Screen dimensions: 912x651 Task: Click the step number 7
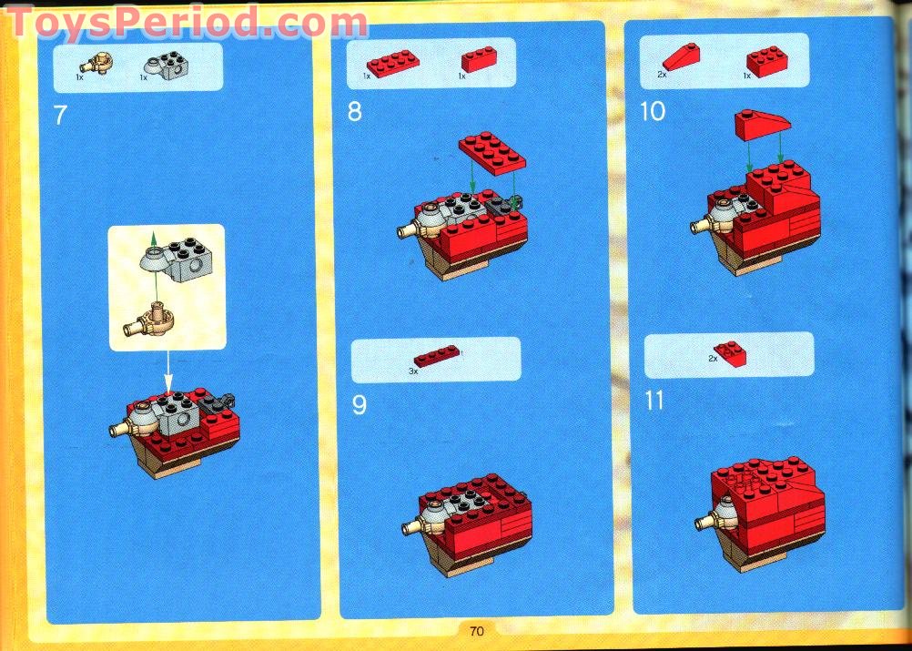[60, 116]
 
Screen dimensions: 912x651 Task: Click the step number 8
[355, 112]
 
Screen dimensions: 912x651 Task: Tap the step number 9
[359, 405]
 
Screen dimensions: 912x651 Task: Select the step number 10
[653, 111]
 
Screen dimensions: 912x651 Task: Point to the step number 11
[655, 401]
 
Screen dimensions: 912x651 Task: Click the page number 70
[477, 631]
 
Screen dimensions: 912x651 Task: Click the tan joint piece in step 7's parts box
[96, 62]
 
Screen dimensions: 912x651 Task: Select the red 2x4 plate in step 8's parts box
[392, 63]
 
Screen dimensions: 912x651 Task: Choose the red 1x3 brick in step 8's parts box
[479, 59]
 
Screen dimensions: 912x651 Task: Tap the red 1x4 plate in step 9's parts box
[436, 355]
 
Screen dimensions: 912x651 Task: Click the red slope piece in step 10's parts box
[681, 57]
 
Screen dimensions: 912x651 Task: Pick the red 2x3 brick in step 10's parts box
[767, 61]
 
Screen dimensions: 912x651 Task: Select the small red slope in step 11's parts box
[731, 353]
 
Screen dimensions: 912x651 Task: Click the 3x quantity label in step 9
[413, 371]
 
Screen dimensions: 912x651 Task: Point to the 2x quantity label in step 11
[713, 359]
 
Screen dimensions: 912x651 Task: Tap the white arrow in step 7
[168, 371]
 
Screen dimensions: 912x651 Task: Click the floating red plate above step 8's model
[492, 152]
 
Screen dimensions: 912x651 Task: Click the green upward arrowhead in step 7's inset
[153, 238]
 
